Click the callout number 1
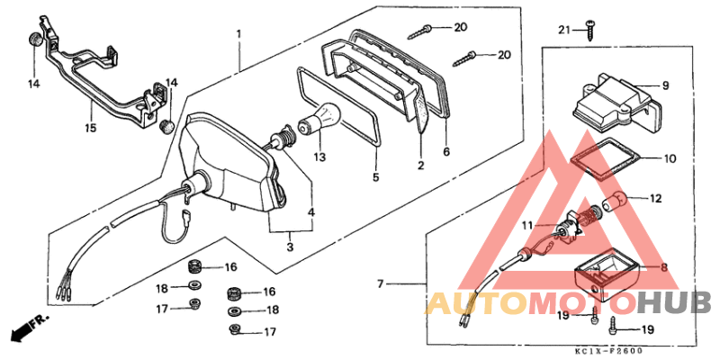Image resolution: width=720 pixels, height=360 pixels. point(238,35)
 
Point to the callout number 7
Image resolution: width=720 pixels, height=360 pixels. point(380,284)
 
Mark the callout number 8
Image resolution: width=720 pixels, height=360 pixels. point(663,266)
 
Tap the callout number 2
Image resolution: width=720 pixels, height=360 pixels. point(419,166)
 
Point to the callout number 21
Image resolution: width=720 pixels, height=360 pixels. point(563,31)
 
